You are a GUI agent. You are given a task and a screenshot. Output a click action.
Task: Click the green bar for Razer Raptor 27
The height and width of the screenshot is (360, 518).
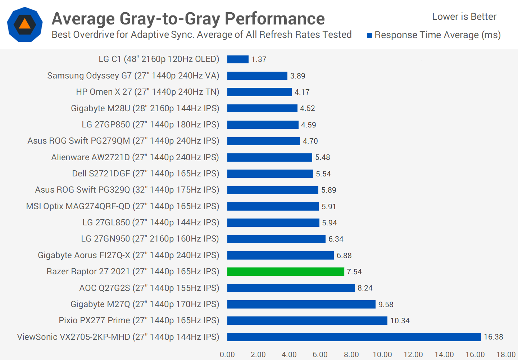tap(286, 271)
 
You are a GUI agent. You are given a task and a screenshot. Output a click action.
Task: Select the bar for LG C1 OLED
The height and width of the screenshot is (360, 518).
tap(238, 59)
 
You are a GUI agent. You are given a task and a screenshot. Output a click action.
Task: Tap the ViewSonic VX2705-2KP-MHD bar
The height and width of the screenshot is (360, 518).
tap(354, 337)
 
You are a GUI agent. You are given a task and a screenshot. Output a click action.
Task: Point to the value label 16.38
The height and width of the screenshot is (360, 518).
tap(493, 337)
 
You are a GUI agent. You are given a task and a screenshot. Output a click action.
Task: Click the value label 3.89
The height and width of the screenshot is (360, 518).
tap(297, 76)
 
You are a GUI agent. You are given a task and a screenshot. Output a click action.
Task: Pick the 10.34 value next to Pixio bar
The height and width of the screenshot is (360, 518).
tap(400, 321)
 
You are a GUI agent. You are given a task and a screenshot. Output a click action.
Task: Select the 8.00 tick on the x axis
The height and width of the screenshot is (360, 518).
tap(351, 355)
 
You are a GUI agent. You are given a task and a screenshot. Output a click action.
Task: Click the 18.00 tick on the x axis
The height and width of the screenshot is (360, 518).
tap(506, 355)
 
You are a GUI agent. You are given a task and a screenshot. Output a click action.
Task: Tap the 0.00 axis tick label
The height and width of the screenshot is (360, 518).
tap(227, 355)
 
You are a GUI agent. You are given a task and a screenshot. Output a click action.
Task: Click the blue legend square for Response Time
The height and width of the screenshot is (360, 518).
tap(369, 35)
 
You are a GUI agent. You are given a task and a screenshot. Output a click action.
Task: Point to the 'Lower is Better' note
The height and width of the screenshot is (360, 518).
tap(464, 17)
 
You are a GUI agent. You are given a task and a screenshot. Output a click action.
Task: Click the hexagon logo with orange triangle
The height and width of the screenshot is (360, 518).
tap(25, 24)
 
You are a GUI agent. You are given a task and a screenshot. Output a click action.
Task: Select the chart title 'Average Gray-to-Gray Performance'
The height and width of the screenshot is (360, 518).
tap(188, 19)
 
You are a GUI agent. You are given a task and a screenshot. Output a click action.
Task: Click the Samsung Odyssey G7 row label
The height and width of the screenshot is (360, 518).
tap(133, 76)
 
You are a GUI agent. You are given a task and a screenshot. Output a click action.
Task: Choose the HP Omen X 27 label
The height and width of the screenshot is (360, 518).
tap(147, 92)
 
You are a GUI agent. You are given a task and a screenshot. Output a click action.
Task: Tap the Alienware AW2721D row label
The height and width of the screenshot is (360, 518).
tap(135, 157)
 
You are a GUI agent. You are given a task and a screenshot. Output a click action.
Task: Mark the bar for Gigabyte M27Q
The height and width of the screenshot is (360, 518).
tap(301, 304)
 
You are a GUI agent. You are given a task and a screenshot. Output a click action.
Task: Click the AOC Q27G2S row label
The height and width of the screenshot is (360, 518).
tap(149, 288)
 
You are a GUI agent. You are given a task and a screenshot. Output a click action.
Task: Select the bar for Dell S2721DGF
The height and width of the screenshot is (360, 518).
tap(270, 174)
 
